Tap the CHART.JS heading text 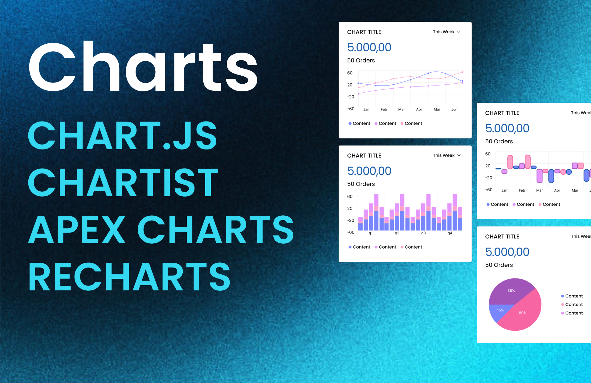[x=123, y=135]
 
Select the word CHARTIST [x=123, y=182]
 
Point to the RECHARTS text [x=129, y=277]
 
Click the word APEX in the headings [x=77, y=229]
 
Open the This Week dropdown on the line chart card [x=447, y=32]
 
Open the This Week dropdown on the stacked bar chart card [x=447, y=155]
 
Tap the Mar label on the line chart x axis [x=401, y=110]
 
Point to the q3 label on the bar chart [x=423, y=233]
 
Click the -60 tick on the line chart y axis [x=351, y=109]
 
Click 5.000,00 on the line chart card [x=369, y=47]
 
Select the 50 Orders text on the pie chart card [x=499, y=265]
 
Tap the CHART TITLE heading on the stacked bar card [x=364, y=156]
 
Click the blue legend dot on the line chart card [x=350, y=123]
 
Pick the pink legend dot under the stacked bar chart [x=402, y=247]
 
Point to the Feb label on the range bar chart [x=522, y=190]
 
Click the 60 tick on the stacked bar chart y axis [x=350, y=197]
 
